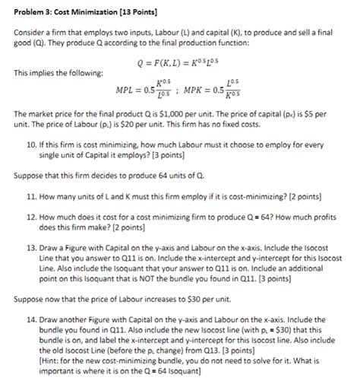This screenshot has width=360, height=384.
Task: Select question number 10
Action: tap(31, 143)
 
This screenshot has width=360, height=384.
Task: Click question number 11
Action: tap(31, 195)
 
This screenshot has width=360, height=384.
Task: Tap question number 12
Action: tap(31, 216)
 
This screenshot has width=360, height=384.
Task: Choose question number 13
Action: tap(31, 247)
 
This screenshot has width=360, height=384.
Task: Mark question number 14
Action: tap(31, 316)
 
